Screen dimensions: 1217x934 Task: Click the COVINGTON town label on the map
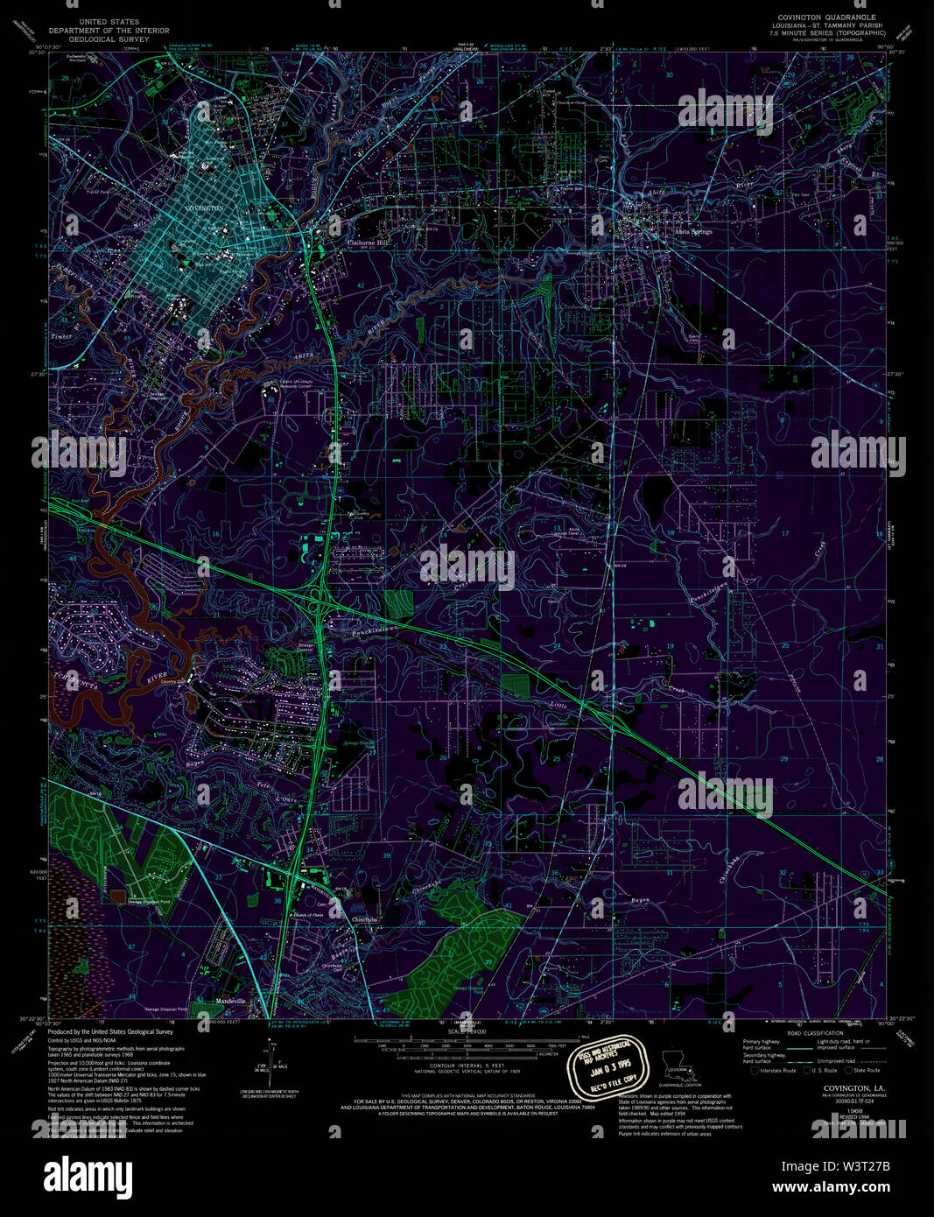point(204,208)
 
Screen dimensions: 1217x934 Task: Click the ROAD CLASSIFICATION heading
point(814,1033)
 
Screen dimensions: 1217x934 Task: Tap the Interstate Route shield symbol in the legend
point(755,1070)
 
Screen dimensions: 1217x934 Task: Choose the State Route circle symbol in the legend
point(848,1070)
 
